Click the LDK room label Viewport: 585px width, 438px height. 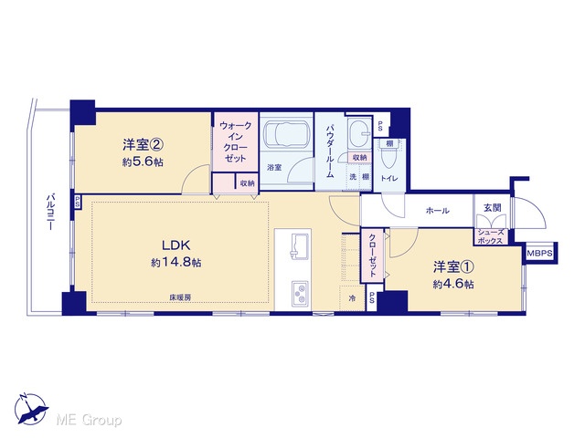coord(176,245)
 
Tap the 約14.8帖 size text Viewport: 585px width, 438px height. coord(176,263)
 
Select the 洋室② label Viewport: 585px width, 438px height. coord(144,144)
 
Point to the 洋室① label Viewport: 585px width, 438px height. coord(453,267)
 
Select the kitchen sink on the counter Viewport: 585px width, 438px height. coord(300,245)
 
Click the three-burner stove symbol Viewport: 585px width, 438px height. coord(300,293)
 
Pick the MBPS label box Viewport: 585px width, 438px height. coord(539,254)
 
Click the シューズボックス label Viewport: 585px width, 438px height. coord(490,237)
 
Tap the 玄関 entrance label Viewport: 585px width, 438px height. coord(492,208)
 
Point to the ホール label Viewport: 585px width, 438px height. coord(437,211)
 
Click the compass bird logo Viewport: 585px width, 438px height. coord(31,410)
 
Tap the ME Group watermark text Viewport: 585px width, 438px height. coord(90,420)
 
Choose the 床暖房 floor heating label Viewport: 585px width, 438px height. coord(181,297)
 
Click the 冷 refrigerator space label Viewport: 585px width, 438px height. coord(352,298)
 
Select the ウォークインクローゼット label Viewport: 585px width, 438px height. coord(236,142)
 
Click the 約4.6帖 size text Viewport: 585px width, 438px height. coord(453,285)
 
